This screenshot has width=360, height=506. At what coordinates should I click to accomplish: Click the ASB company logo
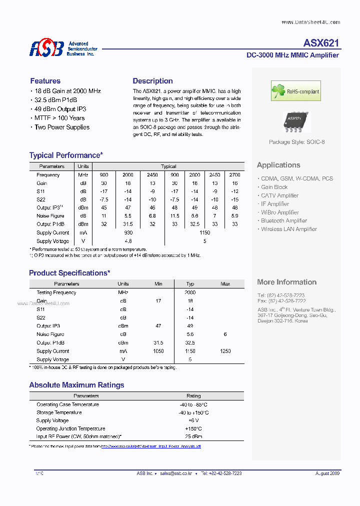click(46, 48)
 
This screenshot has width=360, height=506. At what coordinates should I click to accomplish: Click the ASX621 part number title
click(321, 43)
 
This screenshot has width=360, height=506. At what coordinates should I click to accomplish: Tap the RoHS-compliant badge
click(295, 91)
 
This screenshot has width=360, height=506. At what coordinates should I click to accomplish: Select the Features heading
click(45, 81)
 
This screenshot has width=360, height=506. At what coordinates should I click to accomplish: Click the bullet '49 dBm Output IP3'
click(60, 109)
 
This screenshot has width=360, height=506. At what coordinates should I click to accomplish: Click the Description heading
click(152, 81)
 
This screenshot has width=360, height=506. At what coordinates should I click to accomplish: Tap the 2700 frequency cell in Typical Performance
click(234, 175)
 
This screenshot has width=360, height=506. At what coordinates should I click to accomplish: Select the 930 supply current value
click(128, 233)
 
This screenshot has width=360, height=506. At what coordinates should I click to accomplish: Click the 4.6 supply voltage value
click(128, 241)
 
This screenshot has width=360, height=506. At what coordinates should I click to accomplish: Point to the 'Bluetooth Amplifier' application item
click(283, 220)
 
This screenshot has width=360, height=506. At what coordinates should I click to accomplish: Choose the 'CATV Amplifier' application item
click(279, 195)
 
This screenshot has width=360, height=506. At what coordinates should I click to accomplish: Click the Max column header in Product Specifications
click(225, 284)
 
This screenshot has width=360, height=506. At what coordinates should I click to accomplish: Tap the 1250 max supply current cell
click(225, 351)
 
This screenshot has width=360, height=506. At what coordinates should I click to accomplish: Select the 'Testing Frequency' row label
click(56, 292)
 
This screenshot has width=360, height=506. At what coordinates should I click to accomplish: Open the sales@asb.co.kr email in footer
click(177, 473)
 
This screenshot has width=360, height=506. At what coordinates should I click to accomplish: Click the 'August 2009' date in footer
click(327, 473)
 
